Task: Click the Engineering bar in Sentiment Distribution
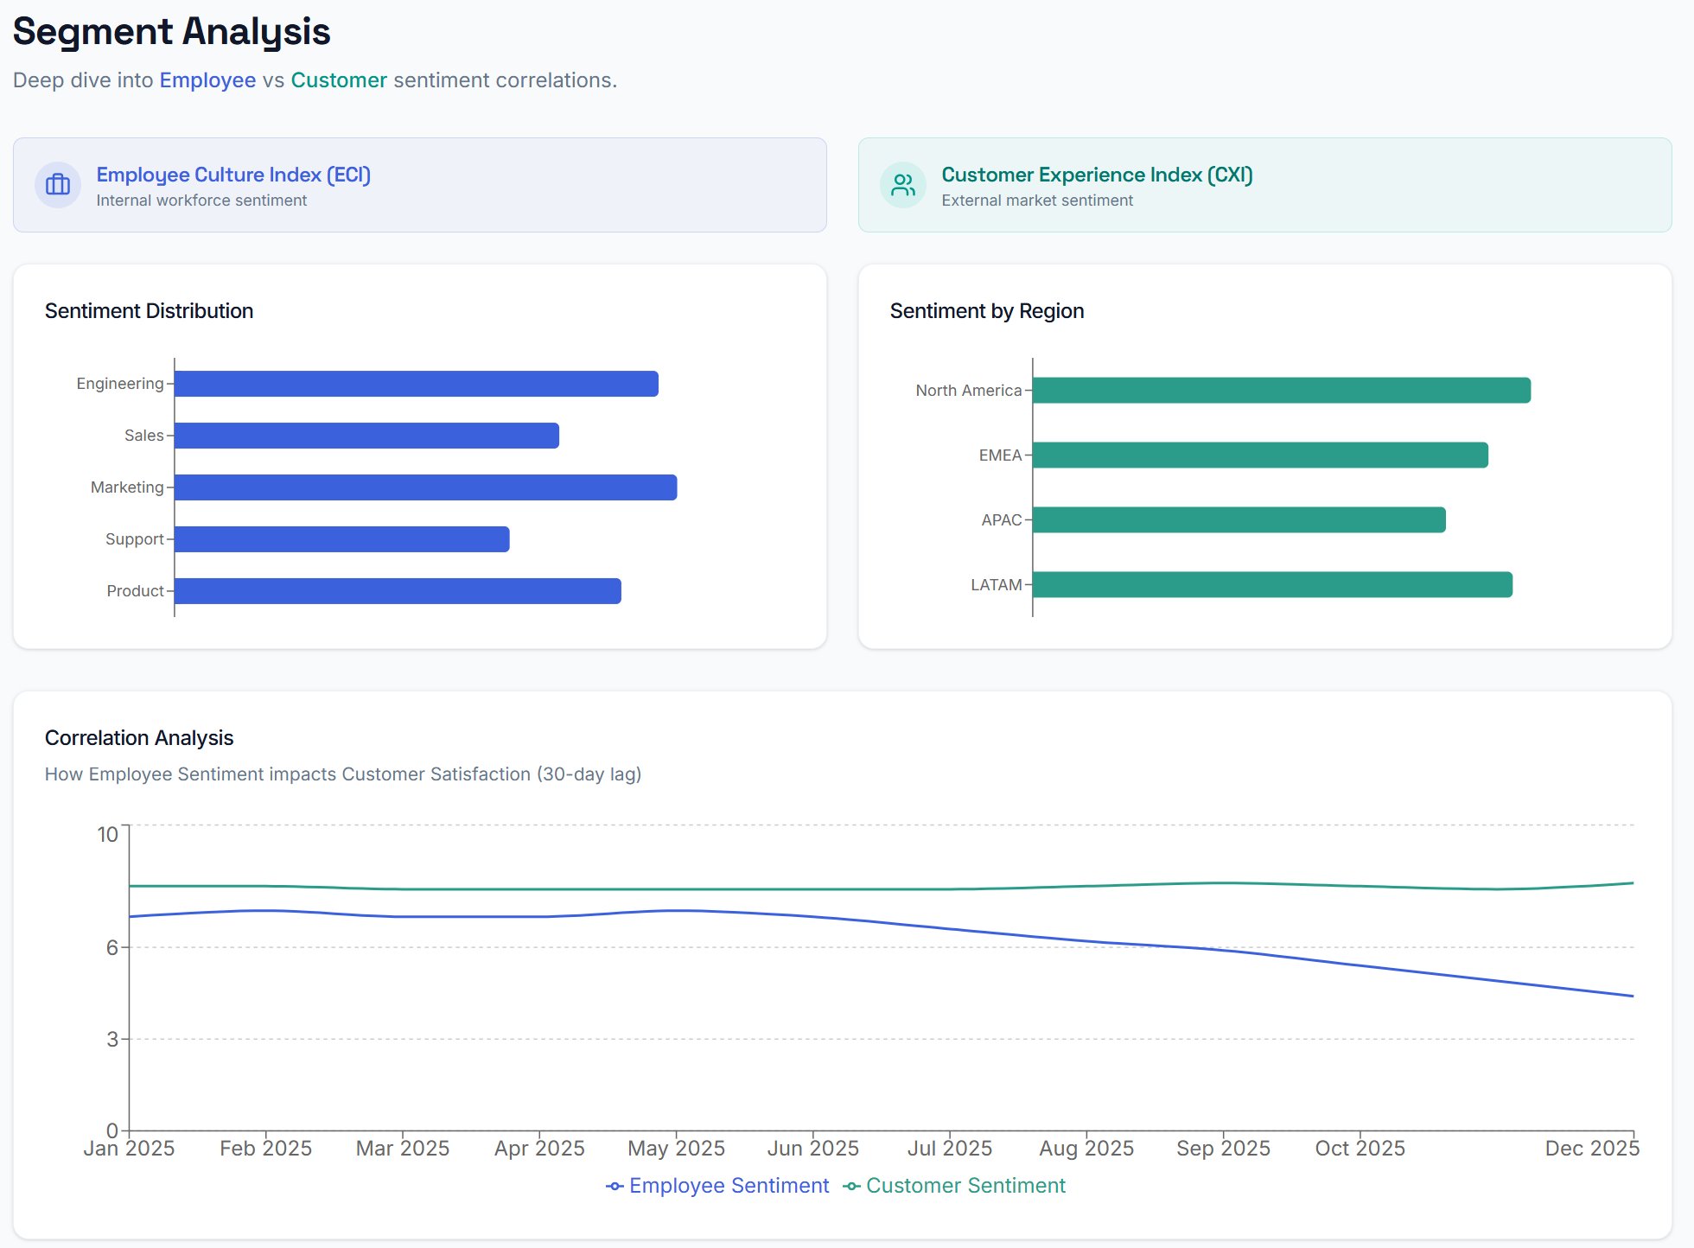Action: (x=416, y=384)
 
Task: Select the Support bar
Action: (x=341, y=539)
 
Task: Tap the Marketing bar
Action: (x=425, y=487)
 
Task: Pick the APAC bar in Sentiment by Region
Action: (x=1239, y=520)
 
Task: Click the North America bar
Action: (x=1281, y=391)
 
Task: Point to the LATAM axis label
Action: (x=996, y=585)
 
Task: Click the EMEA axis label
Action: (x=1000, y=455)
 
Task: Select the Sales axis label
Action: (x=143, y=436)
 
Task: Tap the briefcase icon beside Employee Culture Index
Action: (x=58, y=185)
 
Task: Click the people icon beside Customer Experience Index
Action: (x=903, y=185)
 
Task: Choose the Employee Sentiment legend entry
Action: (x=718, y=1186)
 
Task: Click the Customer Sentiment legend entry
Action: (x=955, y=1186)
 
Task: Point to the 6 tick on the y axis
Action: (x=112, y=947)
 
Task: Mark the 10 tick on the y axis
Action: (x=107, y=834)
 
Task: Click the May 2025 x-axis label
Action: (x=676, y=1149)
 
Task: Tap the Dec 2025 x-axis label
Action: (x=1591, y=1149)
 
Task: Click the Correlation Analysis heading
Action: (x=139, y=738)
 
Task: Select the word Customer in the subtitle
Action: (x=339, y=80)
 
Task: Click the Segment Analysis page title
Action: (x=171, y=32)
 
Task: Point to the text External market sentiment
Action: (x=1036, y=201)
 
